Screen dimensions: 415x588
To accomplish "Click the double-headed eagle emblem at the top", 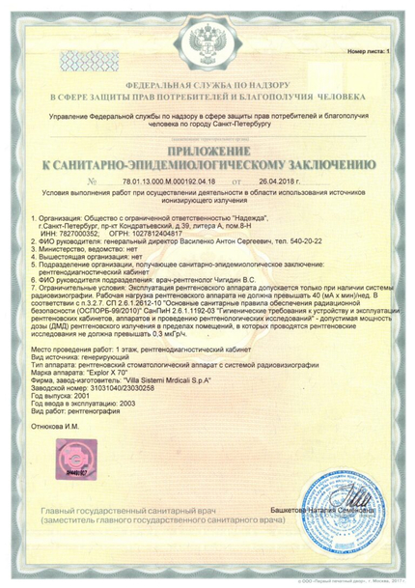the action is [207, 41].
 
